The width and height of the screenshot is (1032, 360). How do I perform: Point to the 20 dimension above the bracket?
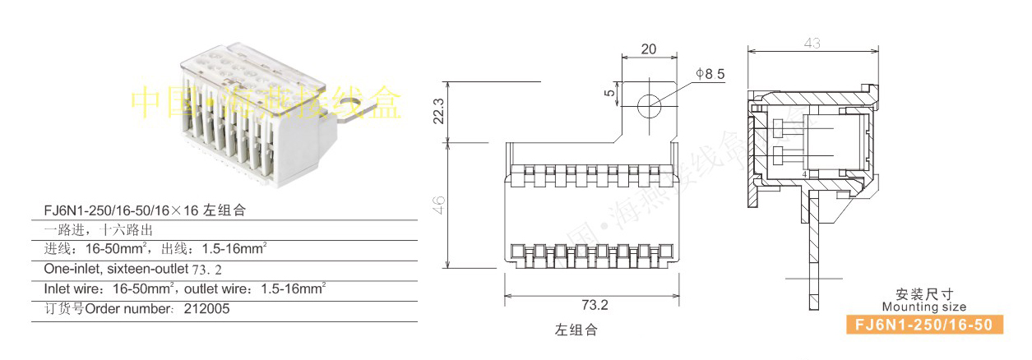(x=648, y=49)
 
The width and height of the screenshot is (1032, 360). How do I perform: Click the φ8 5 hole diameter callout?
(x=710, y=74)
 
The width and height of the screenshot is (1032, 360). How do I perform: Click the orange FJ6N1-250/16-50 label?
(x=924, y=325)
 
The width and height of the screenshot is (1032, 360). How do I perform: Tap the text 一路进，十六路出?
(x=99, y=229)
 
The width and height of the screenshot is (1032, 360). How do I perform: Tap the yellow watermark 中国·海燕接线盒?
(x=267, y=103)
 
